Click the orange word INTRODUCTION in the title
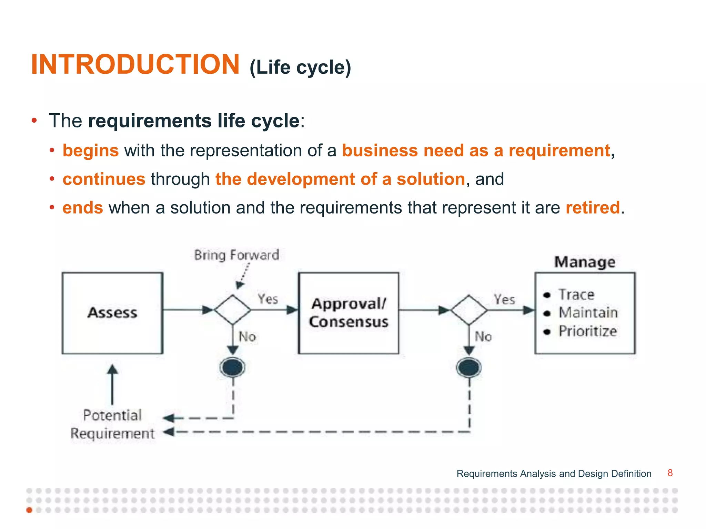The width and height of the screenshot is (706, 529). point(135,64)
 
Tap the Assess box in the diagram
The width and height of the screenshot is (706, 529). point(112,313)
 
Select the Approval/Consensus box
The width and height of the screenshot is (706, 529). point(349,313)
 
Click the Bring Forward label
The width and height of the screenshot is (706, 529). point(236,255)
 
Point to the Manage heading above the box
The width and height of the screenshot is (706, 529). point(585,262)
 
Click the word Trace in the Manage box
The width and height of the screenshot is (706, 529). point(576,295)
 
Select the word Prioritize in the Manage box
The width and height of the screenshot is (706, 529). point(588,331)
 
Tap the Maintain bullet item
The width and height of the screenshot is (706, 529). point(588,313)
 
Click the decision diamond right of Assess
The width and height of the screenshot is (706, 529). point(233,310)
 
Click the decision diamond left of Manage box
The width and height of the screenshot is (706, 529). point(469,310)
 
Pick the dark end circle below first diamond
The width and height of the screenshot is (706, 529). point(233,367)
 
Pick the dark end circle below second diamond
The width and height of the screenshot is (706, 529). point(469,367)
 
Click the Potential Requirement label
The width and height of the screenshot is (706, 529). point(112,424)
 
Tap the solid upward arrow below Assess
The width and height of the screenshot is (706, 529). point(112,384)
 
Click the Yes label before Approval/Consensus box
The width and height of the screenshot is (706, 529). point(268,299)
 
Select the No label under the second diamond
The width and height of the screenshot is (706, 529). point(483,336)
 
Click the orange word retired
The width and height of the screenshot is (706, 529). point(593,208)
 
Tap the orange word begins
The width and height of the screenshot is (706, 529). point(91,151)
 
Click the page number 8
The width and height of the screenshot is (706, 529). point(670,473)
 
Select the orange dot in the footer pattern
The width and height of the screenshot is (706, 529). point(29,510)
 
